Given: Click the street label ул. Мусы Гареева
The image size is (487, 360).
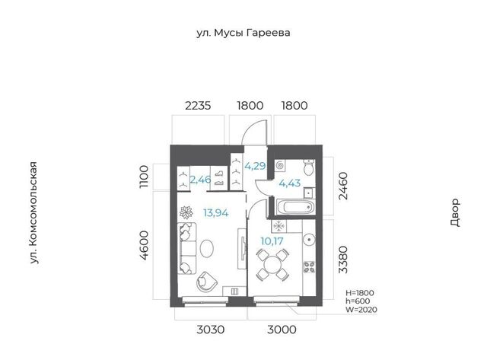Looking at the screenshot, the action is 243,33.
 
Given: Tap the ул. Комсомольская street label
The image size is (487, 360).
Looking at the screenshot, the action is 33,213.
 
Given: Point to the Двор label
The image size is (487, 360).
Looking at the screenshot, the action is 454,213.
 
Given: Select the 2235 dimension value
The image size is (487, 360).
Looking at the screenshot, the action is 198,106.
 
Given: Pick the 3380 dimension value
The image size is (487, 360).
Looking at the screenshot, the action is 343,260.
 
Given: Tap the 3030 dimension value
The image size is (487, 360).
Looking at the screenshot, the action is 210,330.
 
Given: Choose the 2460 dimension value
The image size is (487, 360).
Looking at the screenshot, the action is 343,186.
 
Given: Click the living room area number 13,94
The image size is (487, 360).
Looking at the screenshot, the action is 216,213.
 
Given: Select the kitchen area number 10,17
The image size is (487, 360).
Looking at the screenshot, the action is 272,241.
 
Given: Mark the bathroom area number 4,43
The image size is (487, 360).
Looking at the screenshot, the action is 290,183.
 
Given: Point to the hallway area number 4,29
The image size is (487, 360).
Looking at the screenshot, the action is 256,166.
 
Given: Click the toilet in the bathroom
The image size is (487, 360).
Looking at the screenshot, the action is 309,167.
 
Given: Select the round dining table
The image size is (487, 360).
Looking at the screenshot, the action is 272,265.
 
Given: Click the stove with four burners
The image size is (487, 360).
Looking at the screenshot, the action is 309,267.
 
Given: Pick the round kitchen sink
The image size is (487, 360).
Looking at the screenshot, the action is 309,240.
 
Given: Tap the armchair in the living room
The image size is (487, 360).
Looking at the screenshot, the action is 206,282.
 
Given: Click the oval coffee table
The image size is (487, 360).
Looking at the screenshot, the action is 206,248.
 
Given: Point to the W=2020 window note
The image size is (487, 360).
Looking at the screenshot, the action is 361,310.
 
